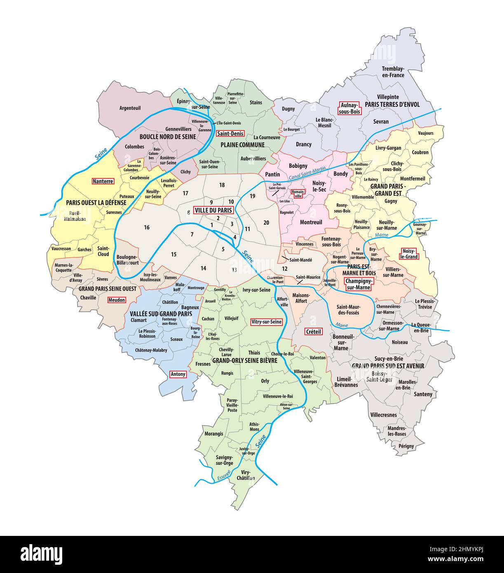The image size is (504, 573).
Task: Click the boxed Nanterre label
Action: click(x=103, y=181)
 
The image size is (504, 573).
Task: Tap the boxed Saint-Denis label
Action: click(x=230, y=134)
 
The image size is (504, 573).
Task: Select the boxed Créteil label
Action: click(x=313, y=331)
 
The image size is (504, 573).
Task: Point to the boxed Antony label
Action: click(x=178, y=374)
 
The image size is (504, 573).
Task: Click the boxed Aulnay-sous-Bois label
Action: click(x=349, y=108)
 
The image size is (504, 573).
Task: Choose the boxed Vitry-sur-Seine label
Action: click(x=266, y=322)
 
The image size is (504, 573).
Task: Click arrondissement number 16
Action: click(x=147, y=228)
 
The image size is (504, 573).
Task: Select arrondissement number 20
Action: click(x=266, y=223)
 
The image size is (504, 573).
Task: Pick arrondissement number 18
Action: click(x=222, y=185)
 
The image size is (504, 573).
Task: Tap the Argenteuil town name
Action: click(x=130, y=108)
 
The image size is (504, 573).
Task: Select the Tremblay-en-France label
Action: click(x=393, y=72)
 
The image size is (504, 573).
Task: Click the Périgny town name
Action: click(x=406, y=446)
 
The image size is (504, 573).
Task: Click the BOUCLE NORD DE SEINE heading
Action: click(x=167, y=137)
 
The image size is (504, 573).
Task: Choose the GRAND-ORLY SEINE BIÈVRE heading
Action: click(x=244, y=360)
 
